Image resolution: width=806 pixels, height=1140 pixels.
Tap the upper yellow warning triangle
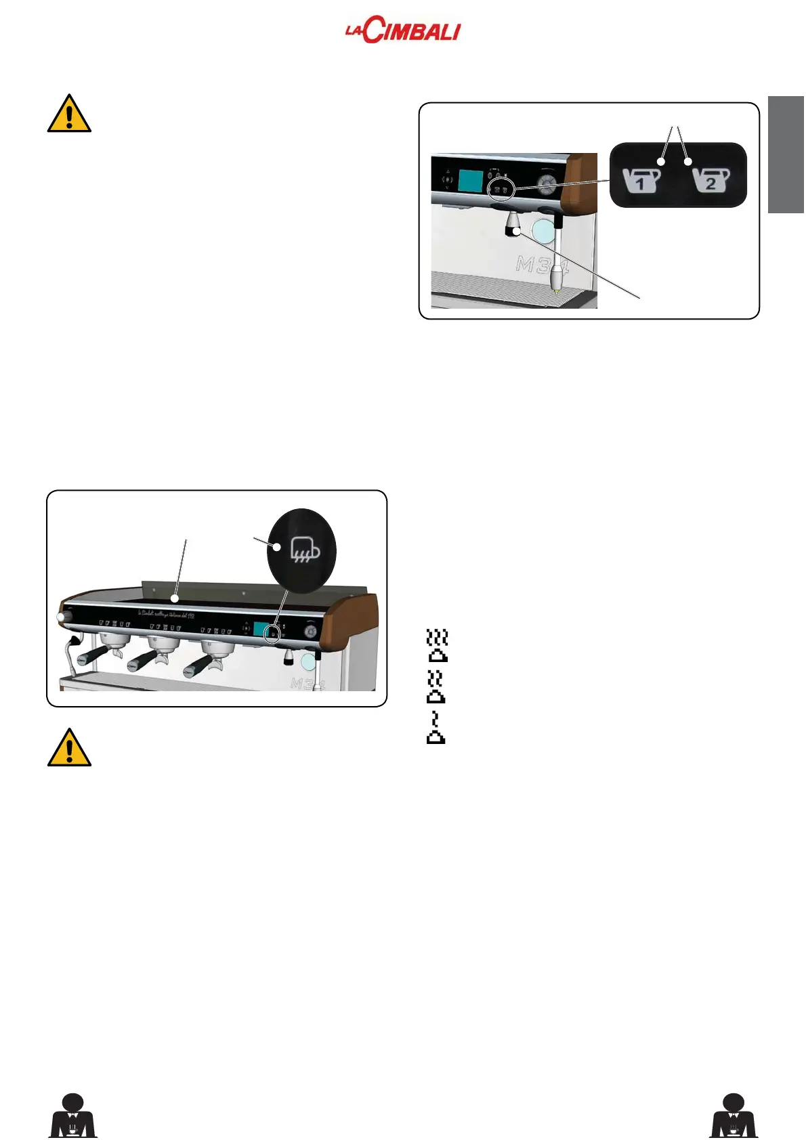click(x=69, y=114)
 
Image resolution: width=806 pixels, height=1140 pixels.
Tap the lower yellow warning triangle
click(x=69, y=748)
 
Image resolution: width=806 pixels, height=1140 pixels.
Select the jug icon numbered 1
click(x=641, y=181)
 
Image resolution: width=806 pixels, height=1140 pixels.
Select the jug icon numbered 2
click(x=710, y=181)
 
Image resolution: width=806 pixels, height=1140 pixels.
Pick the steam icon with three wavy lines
click(x=438, y=646)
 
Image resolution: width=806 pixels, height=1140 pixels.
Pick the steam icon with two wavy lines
click(x=436, y=686)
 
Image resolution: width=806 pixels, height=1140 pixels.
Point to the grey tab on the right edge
click(x=786, y=155)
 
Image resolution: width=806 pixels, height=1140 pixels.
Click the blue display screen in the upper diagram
click(x=470, y=180)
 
